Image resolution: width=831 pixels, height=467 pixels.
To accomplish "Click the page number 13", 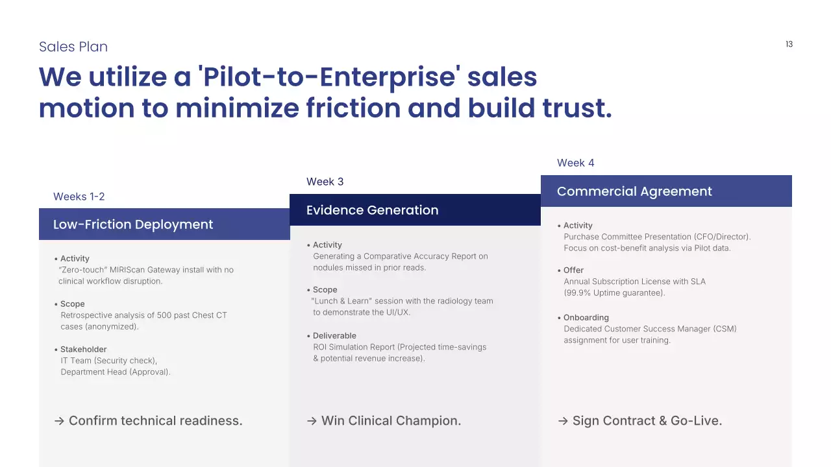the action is pyautogui.click(x=789, y=44).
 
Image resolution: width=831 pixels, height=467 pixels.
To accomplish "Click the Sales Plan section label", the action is pyautogui.click(x=73, y=47).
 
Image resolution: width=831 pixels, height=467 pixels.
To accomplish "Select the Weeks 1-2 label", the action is pyautogui.click(x=79, y=197).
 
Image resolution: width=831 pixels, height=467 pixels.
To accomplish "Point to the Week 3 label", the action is pyautogui.click(x=325, y=182).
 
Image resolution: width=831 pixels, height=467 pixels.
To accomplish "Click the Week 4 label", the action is pyautogui.click(x=575, y=163).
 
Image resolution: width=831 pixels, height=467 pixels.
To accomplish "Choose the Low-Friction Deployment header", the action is pyautogui.click(x=133, y=224).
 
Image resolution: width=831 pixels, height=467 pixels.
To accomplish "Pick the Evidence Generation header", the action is pyautogui.click(x=372, y=210).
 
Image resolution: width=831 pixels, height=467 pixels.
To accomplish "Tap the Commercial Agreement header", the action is pyautogui.click(x=634, y=191).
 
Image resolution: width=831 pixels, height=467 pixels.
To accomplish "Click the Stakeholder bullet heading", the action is pyautogui.click(x=84, y=349).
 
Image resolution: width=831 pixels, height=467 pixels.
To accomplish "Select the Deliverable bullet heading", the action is pyautogui.click(x=334, y=335).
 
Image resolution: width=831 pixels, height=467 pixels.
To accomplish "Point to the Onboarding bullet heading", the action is pyautogui.click(x=586, y=317).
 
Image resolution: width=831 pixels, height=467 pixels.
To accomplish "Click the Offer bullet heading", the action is pyautogui.click(x=573, y=270).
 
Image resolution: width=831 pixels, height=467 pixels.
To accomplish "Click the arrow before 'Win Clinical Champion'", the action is pyautogui.click(x=312, y=421).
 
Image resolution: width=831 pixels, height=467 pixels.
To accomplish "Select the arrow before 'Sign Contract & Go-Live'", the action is pyautogui.click(x=563, y=421).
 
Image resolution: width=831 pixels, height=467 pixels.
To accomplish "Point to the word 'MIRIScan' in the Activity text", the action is pyautogui.click(x=127, y=270).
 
